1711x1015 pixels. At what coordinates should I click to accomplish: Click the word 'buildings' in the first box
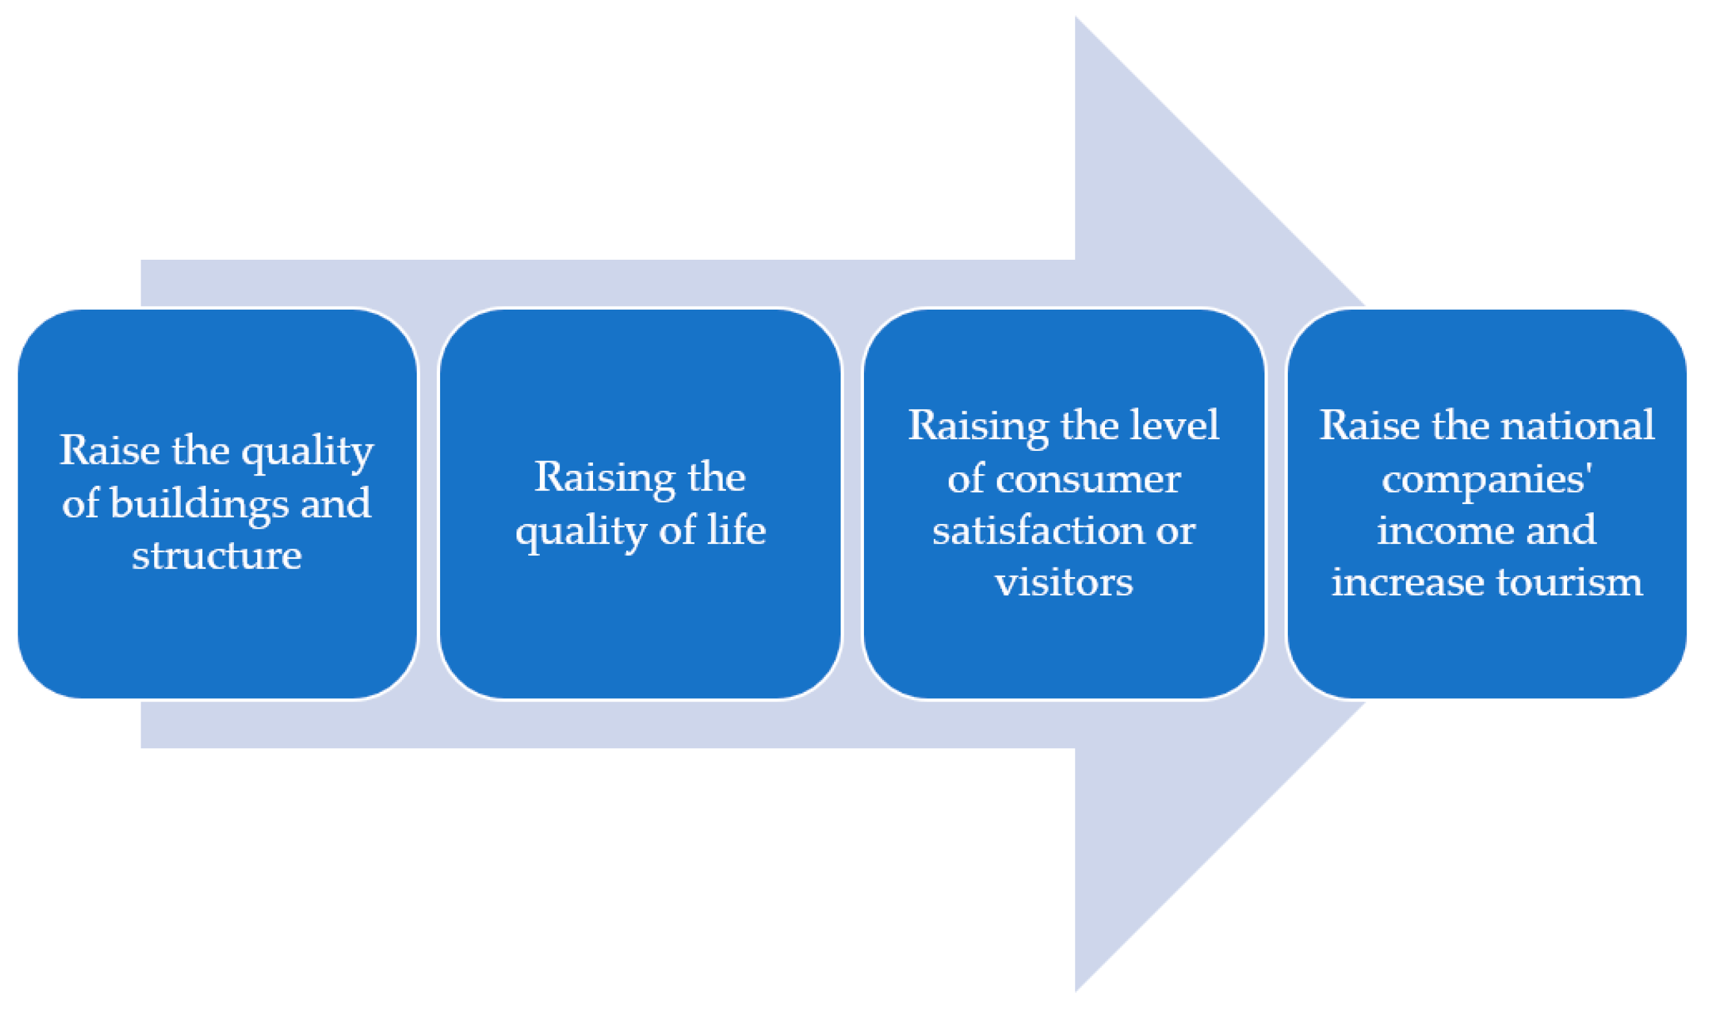(x=199, y=505)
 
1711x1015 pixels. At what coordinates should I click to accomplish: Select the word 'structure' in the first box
(x=216, y=556)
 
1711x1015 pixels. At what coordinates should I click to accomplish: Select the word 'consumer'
(x=1088, y=479)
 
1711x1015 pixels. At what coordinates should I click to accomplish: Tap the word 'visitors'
(x=1064, y=583)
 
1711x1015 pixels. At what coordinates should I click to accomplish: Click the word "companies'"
(x=1487, y=479)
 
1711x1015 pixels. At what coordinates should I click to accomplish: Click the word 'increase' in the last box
(x=1407, y=583)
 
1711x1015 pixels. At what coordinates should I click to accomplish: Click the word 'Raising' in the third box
(x=978, y=426)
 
